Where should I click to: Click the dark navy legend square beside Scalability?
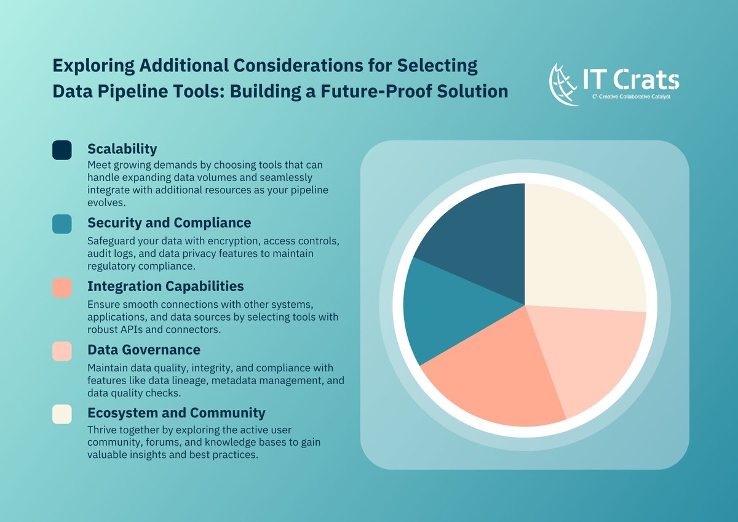62,150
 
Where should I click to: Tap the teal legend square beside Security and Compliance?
62,223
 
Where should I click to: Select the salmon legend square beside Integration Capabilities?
62,287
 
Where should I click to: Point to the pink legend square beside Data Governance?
62,351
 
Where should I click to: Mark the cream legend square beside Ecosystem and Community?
62,414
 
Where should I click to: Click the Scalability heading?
122,149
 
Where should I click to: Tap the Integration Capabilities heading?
165,286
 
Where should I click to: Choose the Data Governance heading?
144,350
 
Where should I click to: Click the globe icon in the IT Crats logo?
563,84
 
